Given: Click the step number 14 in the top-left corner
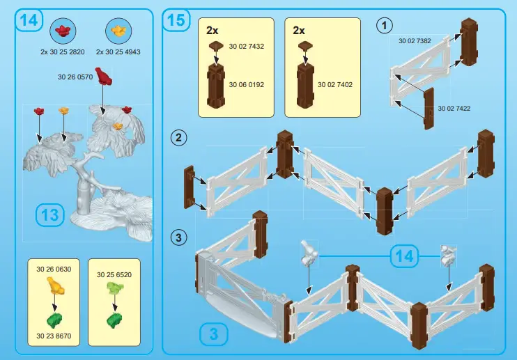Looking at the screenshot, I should click(29, 21).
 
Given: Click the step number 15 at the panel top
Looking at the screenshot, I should click(176, 21).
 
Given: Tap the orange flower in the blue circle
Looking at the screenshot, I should click(118, 30).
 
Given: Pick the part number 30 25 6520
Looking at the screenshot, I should click(114, 274).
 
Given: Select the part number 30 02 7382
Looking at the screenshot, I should click(415, 41).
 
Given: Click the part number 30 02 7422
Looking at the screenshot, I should click(454, 109).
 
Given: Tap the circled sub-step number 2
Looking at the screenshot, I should click(179, 138).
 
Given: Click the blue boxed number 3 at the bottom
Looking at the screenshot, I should click(214, 334).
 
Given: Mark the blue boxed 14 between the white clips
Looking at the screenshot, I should click(404, 256).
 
